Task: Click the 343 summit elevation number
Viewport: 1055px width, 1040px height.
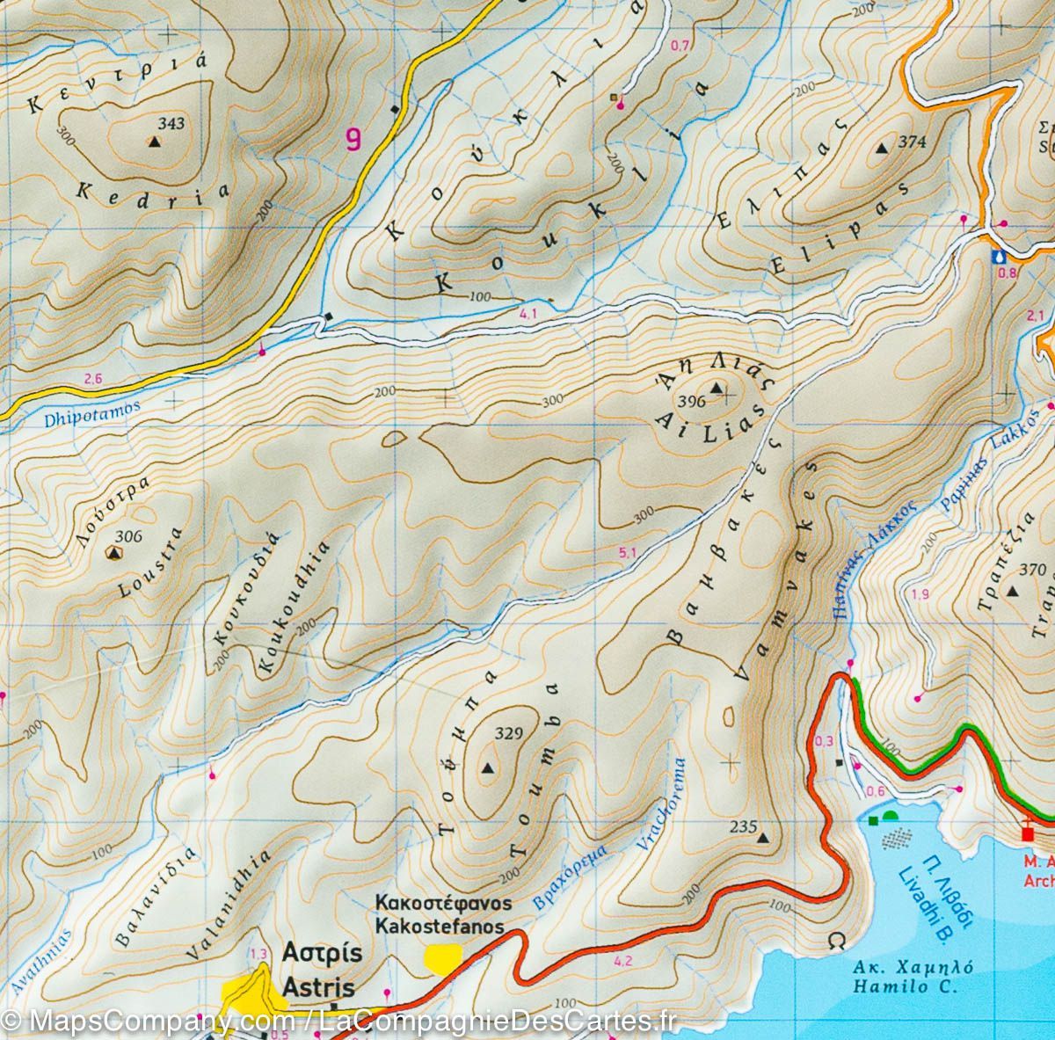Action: (172, 124)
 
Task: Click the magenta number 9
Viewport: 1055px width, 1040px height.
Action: (353, 139)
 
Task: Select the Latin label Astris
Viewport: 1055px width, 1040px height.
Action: (318, 987)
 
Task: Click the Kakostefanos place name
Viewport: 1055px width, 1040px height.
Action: (440, 926)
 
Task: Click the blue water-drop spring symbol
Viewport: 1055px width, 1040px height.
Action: (998, 256)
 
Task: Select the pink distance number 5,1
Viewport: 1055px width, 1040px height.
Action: (627, 553)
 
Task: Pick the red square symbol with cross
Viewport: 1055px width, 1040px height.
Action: (1028, 832)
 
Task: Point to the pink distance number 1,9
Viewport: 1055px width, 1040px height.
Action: (920, 595)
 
